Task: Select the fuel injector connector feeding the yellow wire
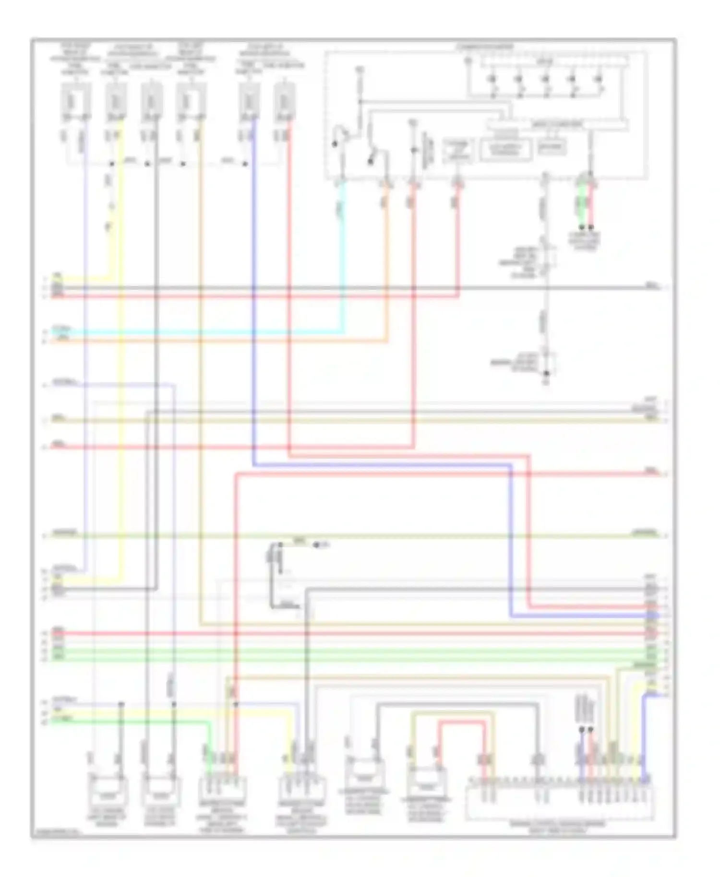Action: tap(116, 101)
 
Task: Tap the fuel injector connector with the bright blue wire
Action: tap(250, 101)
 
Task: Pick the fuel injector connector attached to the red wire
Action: tap(285, 101)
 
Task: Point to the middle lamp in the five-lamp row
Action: tap(546, 79)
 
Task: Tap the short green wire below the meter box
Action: tap(581, 204)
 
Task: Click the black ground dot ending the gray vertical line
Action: tap(546, 373)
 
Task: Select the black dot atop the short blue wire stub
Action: tap(582, 729)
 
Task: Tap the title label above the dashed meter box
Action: tap(485, 47)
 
